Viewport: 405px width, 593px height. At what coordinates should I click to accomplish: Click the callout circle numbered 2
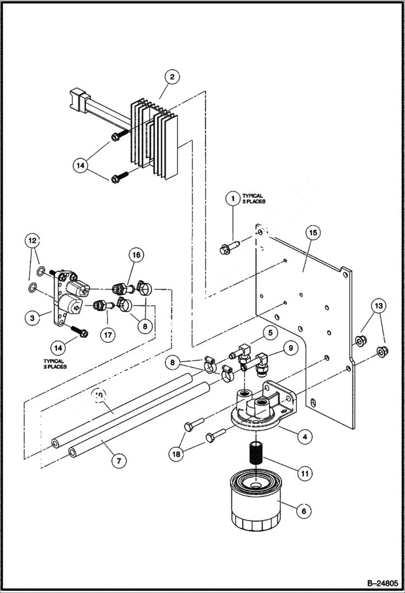pyautogui.click(x=171, y=77)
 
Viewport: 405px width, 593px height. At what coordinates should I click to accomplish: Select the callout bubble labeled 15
pyautogui.click(x=313, y=233)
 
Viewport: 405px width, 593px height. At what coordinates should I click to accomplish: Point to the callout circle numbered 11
pyautogui.click(x=304, y=474)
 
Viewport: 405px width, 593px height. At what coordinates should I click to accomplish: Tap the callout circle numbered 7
pyautogui.click(x=118, y=461)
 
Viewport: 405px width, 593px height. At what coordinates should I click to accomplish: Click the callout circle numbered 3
pyautogui.click(x=32, y=318)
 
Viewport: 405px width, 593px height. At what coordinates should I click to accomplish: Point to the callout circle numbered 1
pyautogui.click(x=233, y=199)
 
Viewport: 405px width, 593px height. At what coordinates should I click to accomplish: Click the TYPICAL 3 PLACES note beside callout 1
pyautogui.click(x=253, y=198)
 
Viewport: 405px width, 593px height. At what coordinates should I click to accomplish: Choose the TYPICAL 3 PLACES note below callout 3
pyautogui.click(x=54, y=364)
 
